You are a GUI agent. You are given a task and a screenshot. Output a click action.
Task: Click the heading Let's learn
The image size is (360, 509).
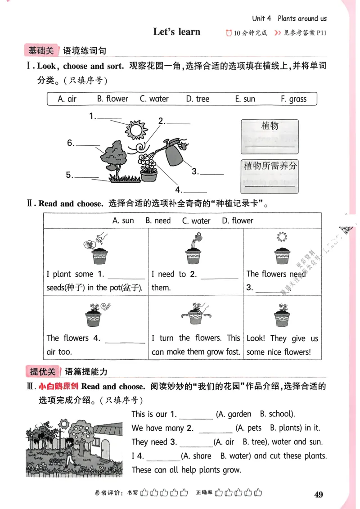point(176,32)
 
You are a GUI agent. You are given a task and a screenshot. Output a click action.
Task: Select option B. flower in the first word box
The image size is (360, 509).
point(112,99)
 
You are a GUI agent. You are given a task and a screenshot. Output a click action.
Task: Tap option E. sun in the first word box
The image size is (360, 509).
point(245,99)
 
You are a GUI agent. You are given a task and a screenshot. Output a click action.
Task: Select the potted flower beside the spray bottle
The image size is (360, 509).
point(148,167)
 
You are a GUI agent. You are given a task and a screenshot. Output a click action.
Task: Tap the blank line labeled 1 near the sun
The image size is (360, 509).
point(109,118)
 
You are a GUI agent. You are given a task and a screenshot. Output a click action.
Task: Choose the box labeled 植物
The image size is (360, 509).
point(270,135)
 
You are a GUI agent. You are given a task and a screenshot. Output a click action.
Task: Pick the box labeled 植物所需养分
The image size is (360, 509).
point(270,174)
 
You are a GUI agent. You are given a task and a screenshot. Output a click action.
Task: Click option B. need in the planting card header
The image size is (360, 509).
point(158,221)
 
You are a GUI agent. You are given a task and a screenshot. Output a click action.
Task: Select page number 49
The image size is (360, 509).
point(318,495)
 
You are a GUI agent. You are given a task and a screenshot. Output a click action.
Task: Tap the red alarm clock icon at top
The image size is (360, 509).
point(229,32)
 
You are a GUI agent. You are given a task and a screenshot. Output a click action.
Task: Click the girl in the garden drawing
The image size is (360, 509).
point(68,450)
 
